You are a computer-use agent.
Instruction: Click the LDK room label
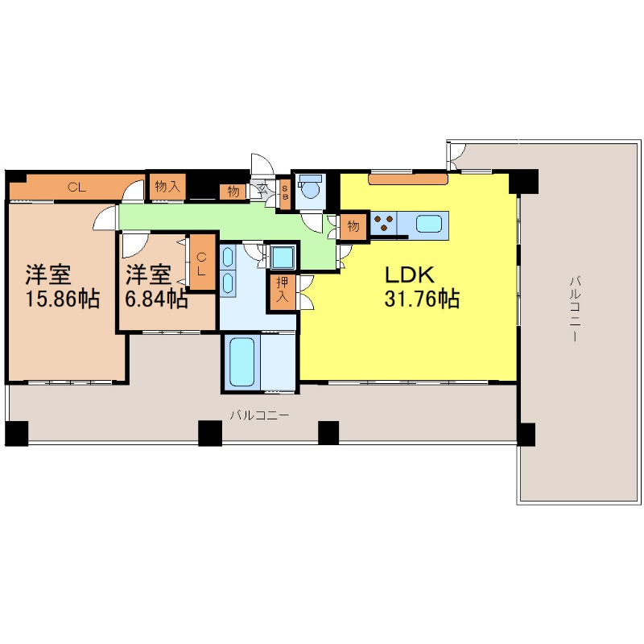click(x=410, y=275)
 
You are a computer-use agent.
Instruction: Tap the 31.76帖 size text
click(x=422, y=299)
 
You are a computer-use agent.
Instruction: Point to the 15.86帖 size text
click(x=63, y=299)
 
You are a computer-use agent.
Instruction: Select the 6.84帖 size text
click(x=156, y=299)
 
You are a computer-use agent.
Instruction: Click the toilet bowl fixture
click(x=311, y=187)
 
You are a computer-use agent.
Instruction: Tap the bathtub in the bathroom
click(x=242, y=361)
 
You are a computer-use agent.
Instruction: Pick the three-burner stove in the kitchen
click(x=384, y=223)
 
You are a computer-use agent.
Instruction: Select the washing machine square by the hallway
click(x=283, y=258)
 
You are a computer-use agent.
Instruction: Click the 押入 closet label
click(x=283, y=290)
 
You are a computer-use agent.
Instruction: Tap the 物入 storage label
click(x=167, y=187)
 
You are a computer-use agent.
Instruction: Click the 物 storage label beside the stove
click(x=353, y=225)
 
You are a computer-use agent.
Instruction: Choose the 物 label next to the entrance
click(x=233, y=191)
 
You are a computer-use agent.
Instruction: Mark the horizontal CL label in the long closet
click(x=76, y=188)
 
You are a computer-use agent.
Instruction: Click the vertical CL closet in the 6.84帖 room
click(x=201, y=264)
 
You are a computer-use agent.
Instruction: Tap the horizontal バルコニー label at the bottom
click(x=259, y=415)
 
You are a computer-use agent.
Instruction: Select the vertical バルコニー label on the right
click(x=575, y=308)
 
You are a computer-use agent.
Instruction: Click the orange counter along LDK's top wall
click(x=407, y=179)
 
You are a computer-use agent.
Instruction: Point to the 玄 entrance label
click(x=262, y=189)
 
